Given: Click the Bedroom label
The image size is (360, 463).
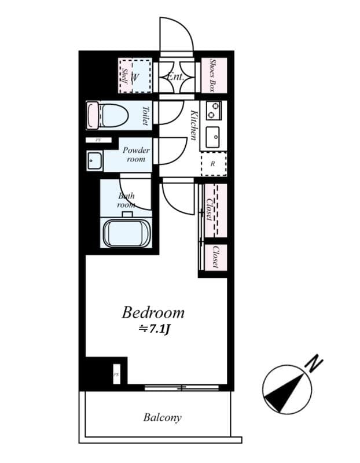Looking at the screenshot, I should tap(153, 313).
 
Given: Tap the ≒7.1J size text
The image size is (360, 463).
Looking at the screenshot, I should tap(153, 330).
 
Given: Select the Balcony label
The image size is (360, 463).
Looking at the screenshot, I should tap(162, 417).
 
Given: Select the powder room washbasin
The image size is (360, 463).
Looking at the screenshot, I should tap(94, 160).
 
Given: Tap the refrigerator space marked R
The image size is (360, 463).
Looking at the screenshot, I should tap(212, 164).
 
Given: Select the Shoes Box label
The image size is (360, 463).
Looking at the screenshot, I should tap(213, 75).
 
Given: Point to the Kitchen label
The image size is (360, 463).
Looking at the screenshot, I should tap(193, 124).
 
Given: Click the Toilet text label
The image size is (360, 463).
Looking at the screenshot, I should tap(145, 116).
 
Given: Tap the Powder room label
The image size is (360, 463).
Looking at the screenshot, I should tap(136, 154).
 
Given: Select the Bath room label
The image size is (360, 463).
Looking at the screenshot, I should tap(126, 200).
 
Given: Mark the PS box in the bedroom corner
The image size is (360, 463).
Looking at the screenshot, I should tap(116, 373).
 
